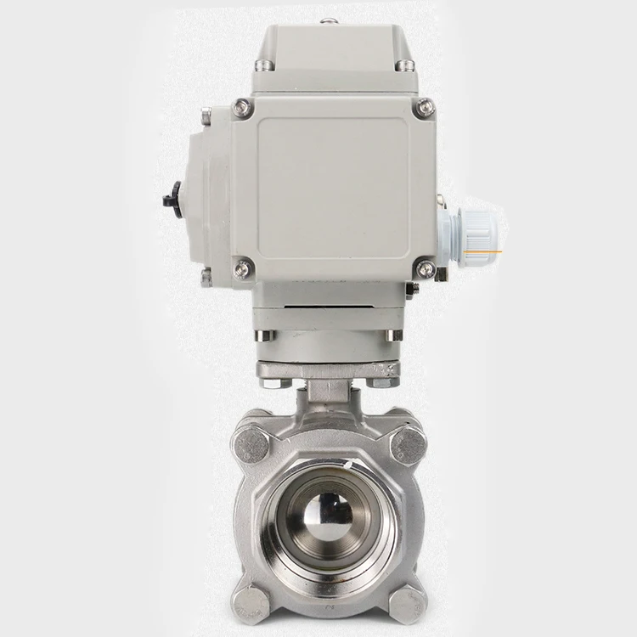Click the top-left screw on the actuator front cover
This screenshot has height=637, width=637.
click(243, 108)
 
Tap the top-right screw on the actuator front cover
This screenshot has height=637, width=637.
click(425, 108)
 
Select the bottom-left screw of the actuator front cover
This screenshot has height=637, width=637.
click(243, 269)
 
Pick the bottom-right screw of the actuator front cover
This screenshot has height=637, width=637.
click(426, 269)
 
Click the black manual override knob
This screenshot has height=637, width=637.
click(175, 200)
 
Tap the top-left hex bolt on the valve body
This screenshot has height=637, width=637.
click(251, 444)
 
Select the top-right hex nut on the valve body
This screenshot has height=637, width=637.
click(409, 444)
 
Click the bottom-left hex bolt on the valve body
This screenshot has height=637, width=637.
click(252, 602)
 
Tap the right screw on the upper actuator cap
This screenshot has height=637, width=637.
click(406, 65)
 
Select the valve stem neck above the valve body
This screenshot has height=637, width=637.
click(329, 393)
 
